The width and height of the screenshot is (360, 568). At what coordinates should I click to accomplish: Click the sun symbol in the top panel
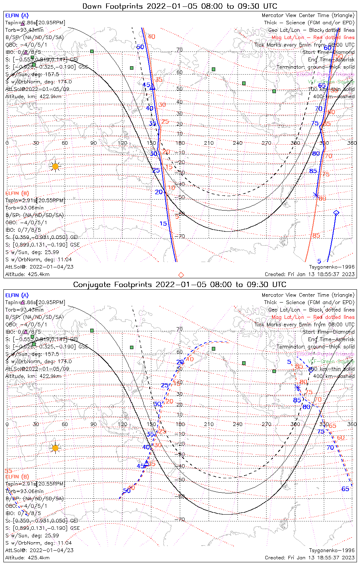click(55, 166)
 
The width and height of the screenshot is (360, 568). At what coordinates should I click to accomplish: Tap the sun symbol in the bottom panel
click(55, 448)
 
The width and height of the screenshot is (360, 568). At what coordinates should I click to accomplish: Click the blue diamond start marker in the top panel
click(336, 213)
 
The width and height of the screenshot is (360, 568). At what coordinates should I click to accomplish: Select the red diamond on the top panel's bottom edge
click(181, 275)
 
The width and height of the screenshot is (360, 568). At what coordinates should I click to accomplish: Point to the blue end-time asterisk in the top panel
click(316, 195)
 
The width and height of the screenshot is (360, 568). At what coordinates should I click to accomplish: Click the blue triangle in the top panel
click(153, 88)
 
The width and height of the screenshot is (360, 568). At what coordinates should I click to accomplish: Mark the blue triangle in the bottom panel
click(146, 462)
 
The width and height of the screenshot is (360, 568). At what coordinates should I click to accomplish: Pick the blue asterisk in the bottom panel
click(297, 388)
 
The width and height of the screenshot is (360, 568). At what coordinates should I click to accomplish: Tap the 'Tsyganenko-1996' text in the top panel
click(332, 267)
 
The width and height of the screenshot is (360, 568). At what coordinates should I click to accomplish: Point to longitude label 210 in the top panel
click(209, 143)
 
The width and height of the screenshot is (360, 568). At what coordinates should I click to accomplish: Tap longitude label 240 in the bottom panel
click(238, 424)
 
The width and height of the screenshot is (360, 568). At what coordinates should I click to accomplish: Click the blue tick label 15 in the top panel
click(163, 224)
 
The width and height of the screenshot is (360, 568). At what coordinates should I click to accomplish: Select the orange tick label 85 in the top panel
click(316, 236)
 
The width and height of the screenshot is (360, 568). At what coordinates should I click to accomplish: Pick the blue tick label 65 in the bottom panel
click(345, 489)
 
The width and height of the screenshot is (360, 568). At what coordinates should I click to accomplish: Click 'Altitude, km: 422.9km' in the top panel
click(33, 97)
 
